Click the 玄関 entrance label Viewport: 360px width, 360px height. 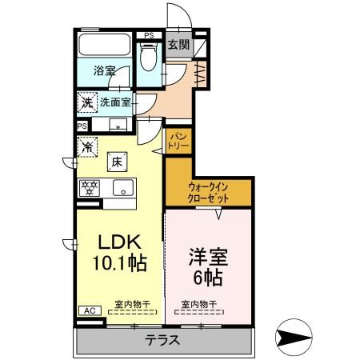[178, 45]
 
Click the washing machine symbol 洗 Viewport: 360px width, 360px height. [86, 103]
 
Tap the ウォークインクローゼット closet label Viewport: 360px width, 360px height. [207, 193]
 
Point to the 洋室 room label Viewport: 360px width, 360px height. [207, 258]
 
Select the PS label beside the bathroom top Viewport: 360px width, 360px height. [148, 35]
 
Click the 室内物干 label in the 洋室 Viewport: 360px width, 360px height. [199, 303]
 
